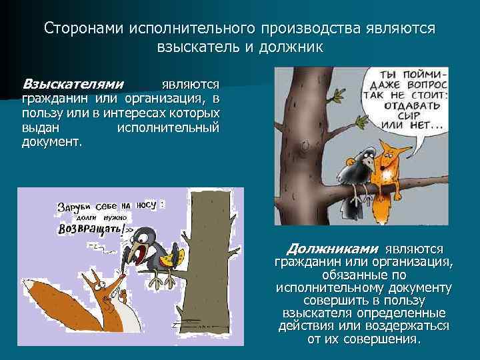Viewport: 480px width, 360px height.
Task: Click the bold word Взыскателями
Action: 73,84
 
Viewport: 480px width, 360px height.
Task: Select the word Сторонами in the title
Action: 82,29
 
